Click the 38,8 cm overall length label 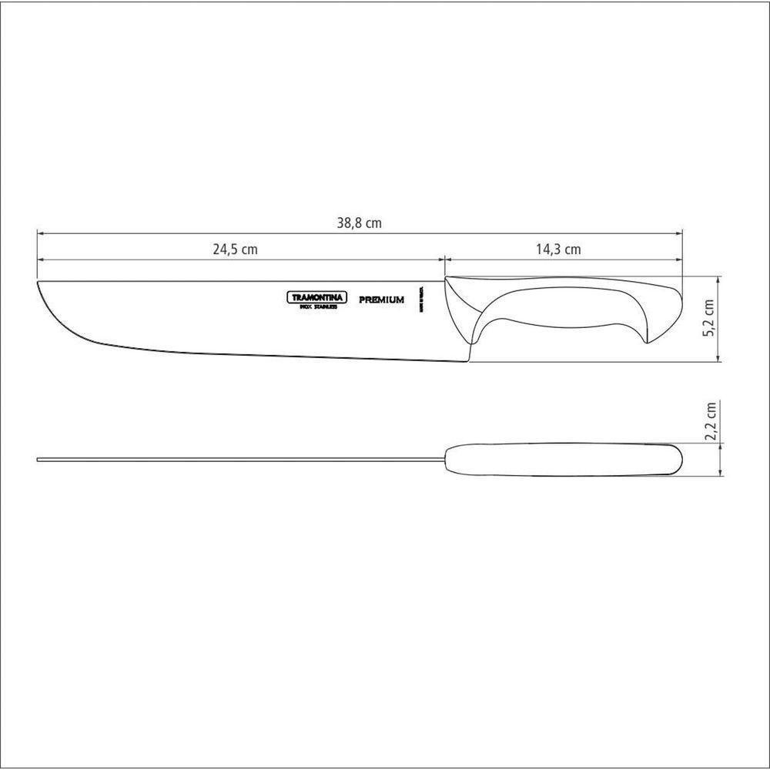(360, 224)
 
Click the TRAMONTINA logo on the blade (318, 297)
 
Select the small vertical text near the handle (422, 300)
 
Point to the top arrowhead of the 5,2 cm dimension (718, 278)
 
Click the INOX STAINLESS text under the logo (317, 306)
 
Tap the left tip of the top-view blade (39, 460)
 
